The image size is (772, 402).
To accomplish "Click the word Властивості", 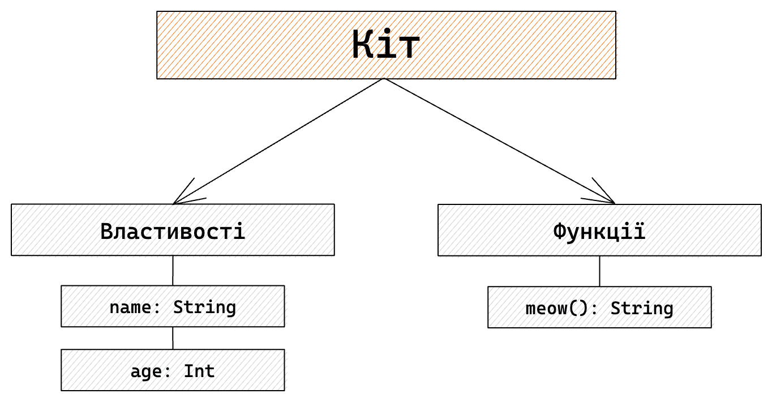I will (173, 231).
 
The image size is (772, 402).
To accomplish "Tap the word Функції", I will (599, 231).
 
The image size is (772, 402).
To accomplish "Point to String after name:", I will (204, 307).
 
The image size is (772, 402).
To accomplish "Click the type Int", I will (199, 371).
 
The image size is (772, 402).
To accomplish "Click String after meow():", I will (642, 309).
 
